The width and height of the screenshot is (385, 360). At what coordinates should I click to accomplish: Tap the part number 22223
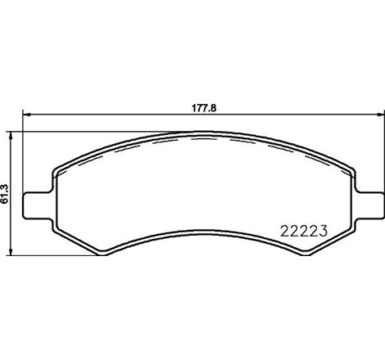pos(299,229)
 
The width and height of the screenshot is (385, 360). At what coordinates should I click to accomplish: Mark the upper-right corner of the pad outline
pos(350,169)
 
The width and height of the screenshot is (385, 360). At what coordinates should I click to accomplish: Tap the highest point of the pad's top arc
pos(202,134)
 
